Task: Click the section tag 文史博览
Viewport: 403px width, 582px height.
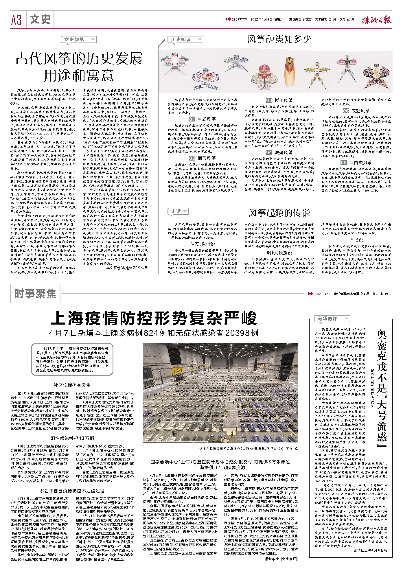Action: [78, 40]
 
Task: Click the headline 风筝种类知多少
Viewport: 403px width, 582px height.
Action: [279, 39]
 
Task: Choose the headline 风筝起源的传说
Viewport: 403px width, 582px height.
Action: [279, 213]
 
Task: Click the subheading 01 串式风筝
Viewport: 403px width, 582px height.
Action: [202, 119]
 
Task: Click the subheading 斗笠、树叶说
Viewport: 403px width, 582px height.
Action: [203, 244]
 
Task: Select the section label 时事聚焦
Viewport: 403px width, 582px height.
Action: [35, 294]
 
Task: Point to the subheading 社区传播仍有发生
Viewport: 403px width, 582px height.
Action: [72, 385]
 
